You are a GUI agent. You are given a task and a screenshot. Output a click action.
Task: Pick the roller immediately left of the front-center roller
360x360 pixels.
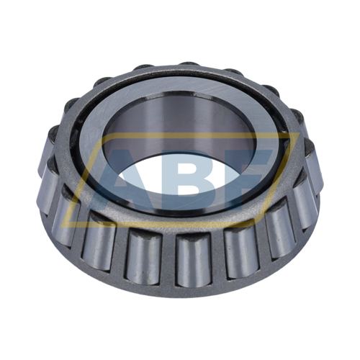pos(143,256)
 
